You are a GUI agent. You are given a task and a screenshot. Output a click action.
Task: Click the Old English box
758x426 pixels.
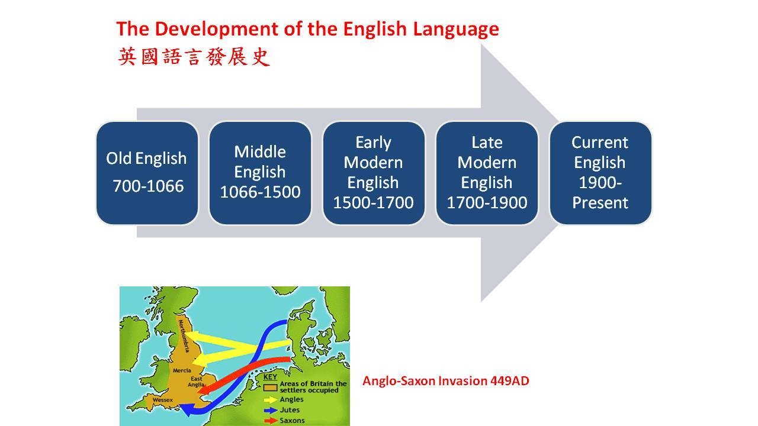[147, 173]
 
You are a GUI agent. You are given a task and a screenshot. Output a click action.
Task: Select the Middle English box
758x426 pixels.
[260, 173]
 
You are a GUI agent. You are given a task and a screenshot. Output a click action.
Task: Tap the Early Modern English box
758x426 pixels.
[374, 173]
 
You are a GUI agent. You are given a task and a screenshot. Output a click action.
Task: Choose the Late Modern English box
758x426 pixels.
[487, 173]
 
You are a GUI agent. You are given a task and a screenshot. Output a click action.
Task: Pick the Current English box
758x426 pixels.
[600, 173]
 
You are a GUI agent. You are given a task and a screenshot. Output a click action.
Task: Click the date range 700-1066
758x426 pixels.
[148, 186]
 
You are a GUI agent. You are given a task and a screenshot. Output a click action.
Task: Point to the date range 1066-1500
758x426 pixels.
[260, 192]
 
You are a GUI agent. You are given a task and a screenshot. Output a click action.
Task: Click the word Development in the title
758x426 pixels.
[217, 30]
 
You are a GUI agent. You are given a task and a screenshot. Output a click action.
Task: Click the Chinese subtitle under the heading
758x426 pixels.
[194, 56]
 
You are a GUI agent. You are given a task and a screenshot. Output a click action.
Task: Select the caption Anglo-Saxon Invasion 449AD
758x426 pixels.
[446, 381]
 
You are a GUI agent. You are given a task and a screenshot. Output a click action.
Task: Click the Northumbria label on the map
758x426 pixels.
[184, 336]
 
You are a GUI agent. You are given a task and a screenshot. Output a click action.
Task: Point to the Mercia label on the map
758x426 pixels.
[182, 370]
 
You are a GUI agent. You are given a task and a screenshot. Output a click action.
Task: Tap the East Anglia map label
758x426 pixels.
[197, 382]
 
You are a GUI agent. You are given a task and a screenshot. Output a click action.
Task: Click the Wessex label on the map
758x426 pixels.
[162, 400]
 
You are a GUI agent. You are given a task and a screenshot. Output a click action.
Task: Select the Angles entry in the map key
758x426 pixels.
[284, 399]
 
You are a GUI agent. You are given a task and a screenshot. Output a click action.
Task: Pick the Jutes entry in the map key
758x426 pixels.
[281, 410]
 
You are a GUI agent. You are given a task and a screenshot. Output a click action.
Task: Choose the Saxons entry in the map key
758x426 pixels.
[284, 421]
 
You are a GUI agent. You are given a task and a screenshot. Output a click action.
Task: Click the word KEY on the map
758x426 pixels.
[270, 377]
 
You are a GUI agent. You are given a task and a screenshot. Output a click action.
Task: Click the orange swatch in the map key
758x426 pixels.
[270, 387]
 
